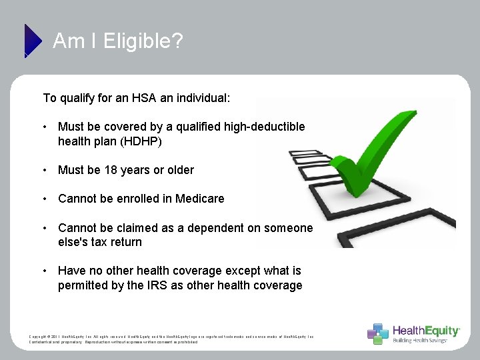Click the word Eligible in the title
point(143,41)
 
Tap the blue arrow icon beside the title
point(31,40)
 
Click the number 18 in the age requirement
point(111,170)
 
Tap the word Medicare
point(198,199)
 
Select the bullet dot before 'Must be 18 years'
point(44,170)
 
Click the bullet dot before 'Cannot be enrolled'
point(44,199)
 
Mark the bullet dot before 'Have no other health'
point(44,271)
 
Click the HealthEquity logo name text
point(426,331)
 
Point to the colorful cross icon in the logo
point(378,333)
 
